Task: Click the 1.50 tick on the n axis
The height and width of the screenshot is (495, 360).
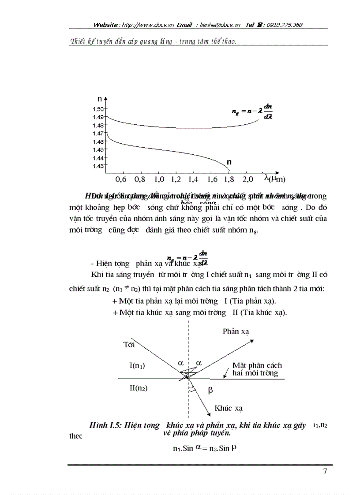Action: coord(98,108)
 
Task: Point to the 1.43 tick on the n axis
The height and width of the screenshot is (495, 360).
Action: coord(98,166)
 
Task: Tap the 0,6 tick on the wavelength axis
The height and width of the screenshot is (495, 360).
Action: coord(120,179)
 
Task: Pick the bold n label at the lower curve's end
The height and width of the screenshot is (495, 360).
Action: coord(229,162)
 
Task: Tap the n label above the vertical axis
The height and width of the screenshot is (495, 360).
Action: coord(100,100)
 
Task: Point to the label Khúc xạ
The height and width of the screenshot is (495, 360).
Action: coord(229,409)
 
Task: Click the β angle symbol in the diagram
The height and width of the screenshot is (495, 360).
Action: coord(210,390)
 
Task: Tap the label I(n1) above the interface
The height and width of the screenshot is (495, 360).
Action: coord(137,365)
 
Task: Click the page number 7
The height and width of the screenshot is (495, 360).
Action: coord(325,472)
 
